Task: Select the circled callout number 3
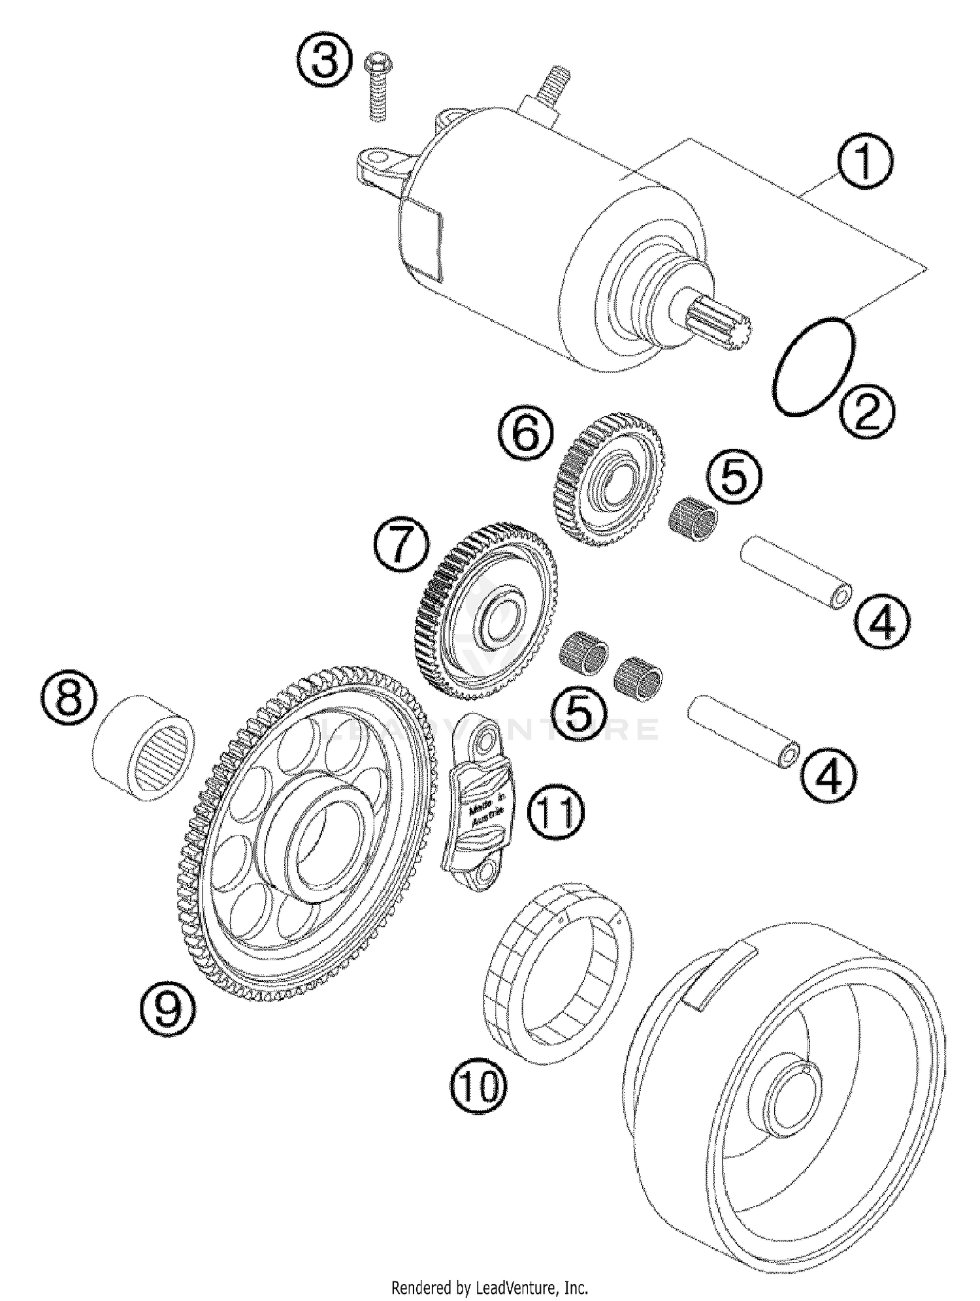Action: point(324,64)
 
